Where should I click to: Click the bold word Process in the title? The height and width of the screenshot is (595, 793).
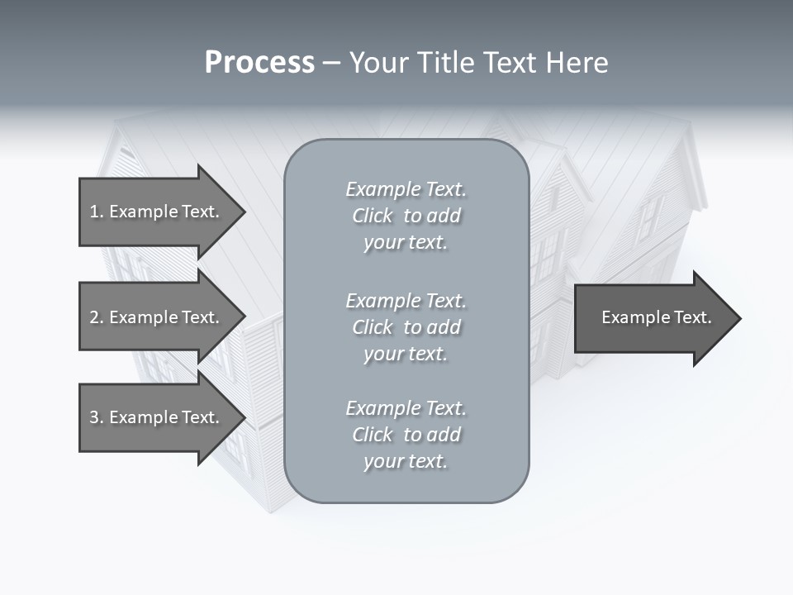click(x=259, y=63)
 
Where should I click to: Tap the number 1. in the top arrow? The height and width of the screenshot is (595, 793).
click(x=97, y=212)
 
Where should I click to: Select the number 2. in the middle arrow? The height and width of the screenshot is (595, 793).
click(x=97, y=317)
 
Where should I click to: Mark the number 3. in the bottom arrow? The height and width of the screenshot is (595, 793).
click(x=97, y=417)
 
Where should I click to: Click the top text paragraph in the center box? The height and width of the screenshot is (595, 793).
click(x=406, y=216)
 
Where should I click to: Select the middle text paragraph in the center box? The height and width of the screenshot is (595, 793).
click(x=406, y=327)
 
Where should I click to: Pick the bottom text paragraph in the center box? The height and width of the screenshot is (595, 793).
click(x=406, y=435)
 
